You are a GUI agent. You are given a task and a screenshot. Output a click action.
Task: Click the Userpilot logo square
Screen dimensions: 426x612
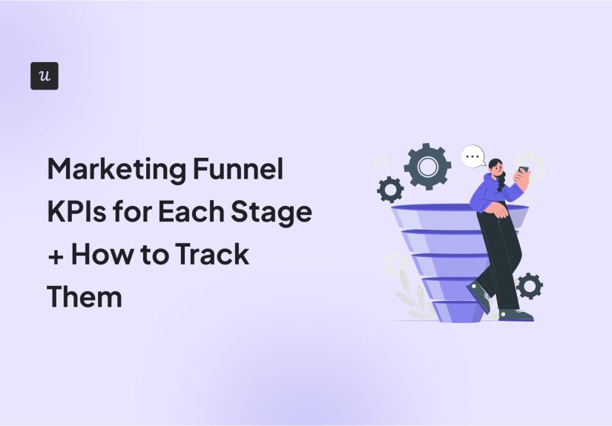tap(45, 76)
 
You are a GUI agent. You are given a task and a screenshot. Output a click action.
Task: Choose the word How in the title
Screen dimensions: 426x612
tap(102, 256)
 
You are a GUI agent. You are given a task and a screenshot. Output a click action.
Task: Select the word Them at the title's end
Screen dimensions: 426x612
tap(84, 298)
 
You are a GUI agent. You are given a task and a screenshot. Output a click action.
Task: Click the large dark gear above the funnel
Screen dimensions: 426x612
tap(427, 167)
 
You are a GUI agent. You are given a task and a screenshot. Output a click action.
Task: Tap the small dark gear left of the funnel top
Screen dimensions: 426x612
tap(390, 190)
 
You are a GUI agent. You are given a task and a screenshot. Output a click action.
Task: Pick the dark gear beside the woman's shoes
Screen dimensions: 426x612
tap(530, 285)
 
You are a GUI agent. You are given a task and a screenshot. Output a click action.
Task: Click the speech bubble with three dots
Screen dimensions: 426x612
tap(473, 156)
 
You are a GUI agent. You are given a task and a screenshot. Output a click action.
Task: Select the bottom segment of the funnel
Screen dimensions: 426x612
tap(457, 311)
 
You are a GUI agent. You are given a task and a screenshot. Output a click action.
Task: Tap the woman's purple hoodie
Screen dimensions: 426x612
tap(493, 196)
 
